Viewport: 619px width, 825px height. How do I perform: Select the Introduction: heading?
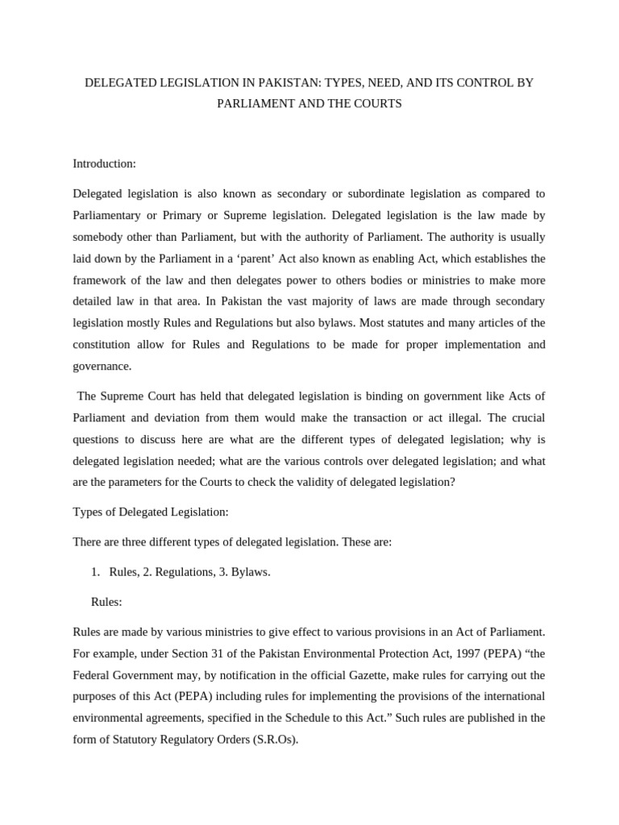[105, 164]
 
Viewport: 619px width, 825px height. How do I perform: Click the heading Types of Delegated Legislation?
[151, 512]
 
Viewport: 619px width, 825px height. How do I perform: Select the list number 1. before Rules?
[95, 571]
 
